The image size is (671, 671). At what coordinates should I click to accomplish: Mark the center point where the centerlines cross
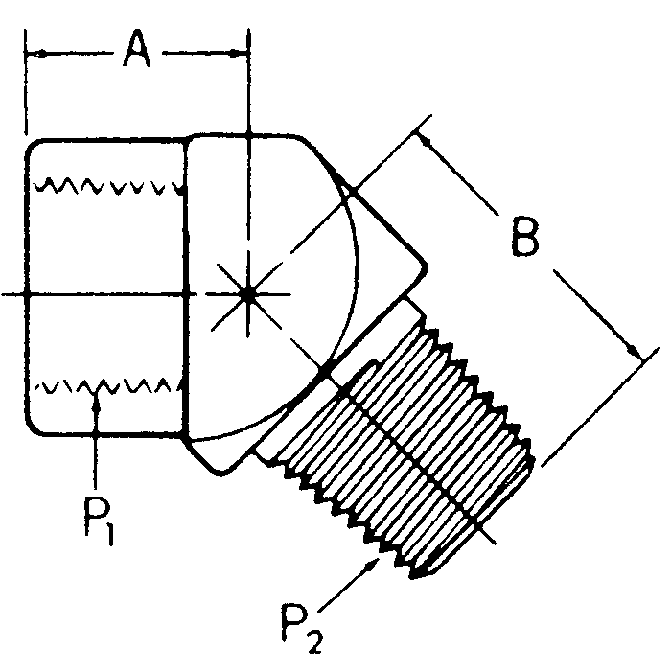(247, 294)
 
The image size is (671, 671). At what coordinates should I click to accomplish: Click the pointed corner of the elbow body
(425, 267)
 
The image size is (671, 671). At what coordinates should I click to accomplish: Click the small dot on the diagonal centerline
(326, 368)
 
